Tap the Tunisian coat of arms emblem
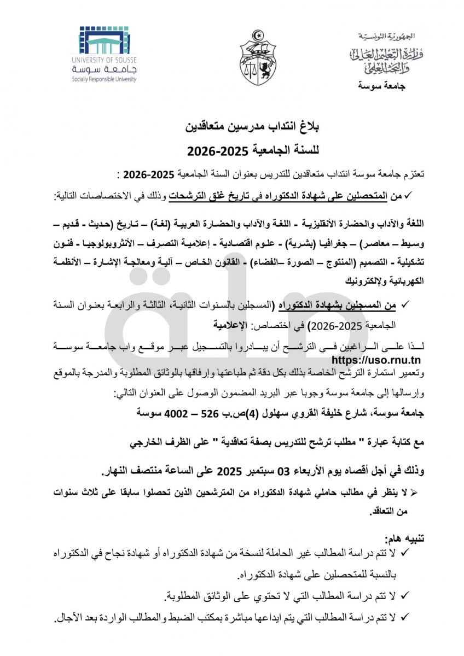258,57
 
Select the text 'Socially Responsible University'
104,79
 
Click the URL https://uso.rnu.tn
376,360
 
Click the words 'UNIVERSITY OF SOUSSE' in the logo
104,60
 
